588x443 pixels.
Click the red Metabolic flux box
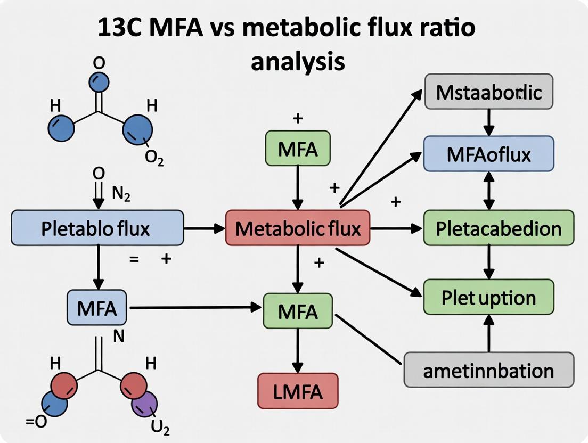point(297,228)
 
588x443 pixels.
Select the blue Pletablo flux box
point(97,228)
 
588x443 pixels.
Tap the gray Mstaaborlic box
point(488,92)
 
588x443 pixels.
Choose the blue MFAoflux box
point(488,154)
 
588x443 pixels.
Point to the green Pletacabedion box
point(499,228)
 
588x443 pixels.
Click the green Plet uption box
point(488,297)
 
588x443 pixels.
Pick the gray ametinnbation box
point(488,370)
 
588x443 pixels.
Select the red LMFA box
point(298,392)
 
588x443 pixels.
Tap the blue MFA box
point(97,308)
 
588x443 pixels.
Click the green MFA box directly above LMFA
point(298,310)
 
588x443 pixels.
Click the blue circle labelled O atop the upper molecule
point(99,83)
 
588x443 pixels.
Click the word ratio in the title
point(447,28)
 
